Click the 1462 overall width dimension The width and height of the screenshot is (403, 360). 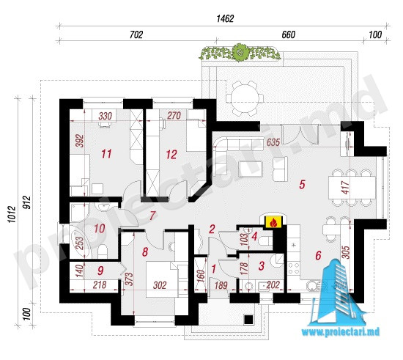pos(225,19)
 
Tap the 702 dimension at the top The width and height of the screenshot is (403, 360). pos(136,34)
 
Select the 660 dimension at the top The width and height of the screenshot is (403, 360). pos(289,34)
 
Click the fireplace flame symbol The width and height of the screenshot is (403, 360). pos(273,222)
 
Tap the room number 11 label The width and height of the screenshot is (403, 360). pos(106,154)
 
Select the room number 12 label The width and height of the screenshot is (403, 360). pos(171,155)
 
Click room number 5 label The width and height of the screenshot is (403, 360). pos(302,184)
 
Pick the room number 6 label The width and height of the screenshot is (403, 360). pos(318,255)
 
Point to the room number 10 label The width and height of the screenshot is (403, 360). pos(100,228)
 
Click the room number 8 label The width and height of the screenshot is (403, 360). pos(145,252)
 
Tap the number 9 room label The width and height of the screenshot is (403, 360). pos(100,271)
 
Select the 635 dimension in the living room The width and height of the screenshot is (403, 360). pos(273,142)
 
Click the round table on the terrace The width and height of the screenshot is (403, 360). pos(245,98)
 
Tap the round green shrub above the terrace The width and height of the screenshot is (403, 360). pos(240,52)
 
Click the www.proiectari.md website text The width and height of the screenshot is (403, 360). pos(341,332)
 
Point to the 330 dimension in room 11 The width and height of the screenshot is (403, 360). pos(105,116)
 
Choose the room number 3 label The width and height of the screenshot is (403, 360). pos(262,266)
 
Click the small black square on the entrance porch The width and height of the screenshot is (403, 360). pos(248,320)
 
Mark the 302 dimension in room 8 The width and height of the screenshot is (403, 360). pos(160,285)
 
